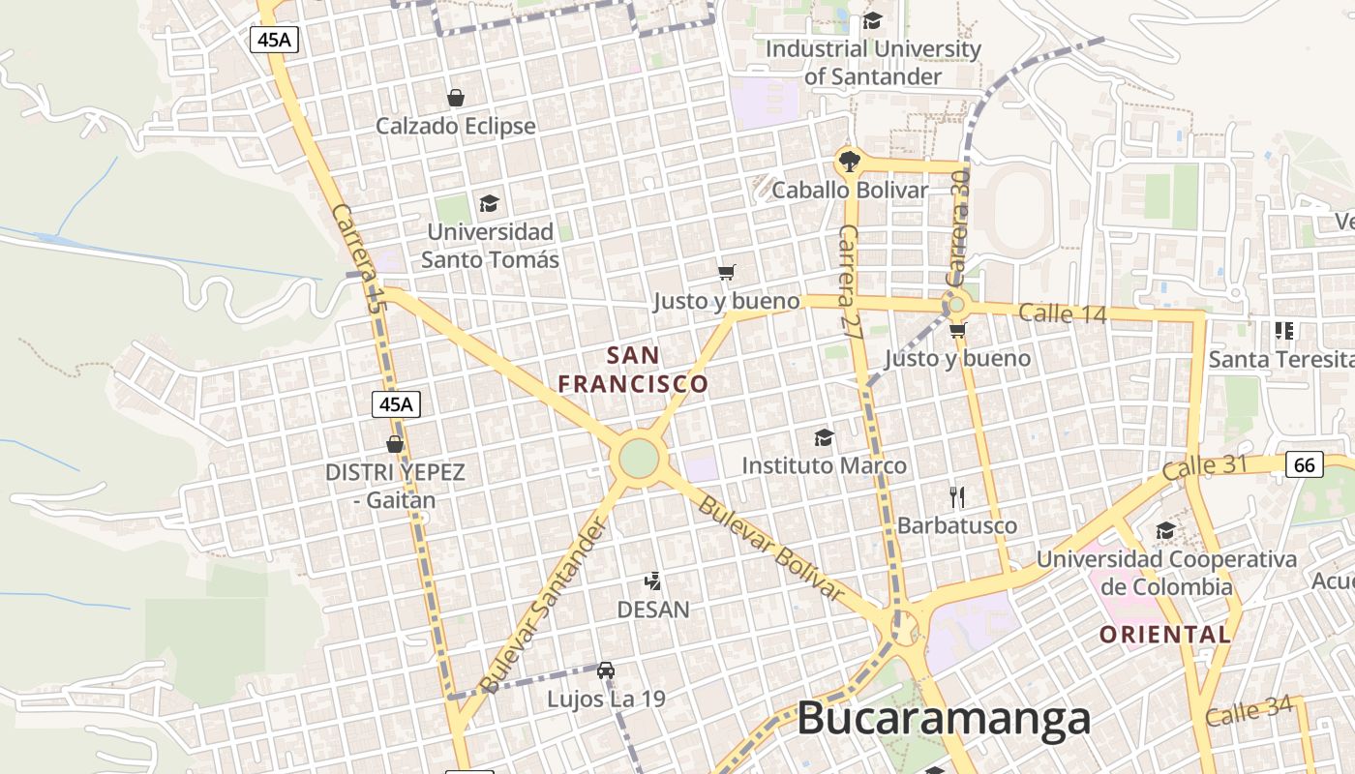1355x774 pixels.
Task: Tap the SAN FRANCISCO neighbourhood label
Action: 634,370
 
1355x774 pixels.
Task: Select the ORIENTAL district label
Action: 1165,635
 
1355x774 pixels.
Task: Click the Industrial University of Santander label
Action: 873,62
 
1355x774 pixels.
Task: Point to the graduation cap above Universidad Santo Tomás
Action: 490,203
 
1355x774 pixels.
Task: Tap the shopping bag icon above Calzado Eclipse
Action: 455,98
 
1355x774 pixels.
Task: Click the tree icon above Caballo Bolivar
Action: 849,161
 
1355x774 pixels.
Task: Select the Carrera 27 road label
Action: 850,280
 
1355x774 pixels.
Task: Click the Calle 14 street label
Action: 1061,313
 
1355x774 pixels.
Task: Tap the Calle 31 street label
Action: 1205,467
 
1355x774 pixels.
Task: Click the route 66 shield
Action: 1305,465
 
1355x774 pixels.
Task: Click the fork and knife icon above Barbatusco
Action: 957,497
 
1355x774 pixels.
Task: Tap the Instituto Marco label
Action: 824,465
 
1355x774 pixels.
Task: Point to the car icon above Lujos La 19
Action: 606,670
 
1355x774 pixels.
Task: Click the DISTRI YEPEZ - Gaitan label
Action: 395,486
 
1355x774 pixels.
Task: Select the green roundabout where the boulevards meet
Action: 639,458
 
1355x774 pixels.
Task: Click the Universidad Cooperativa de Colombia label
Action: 1166,573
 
